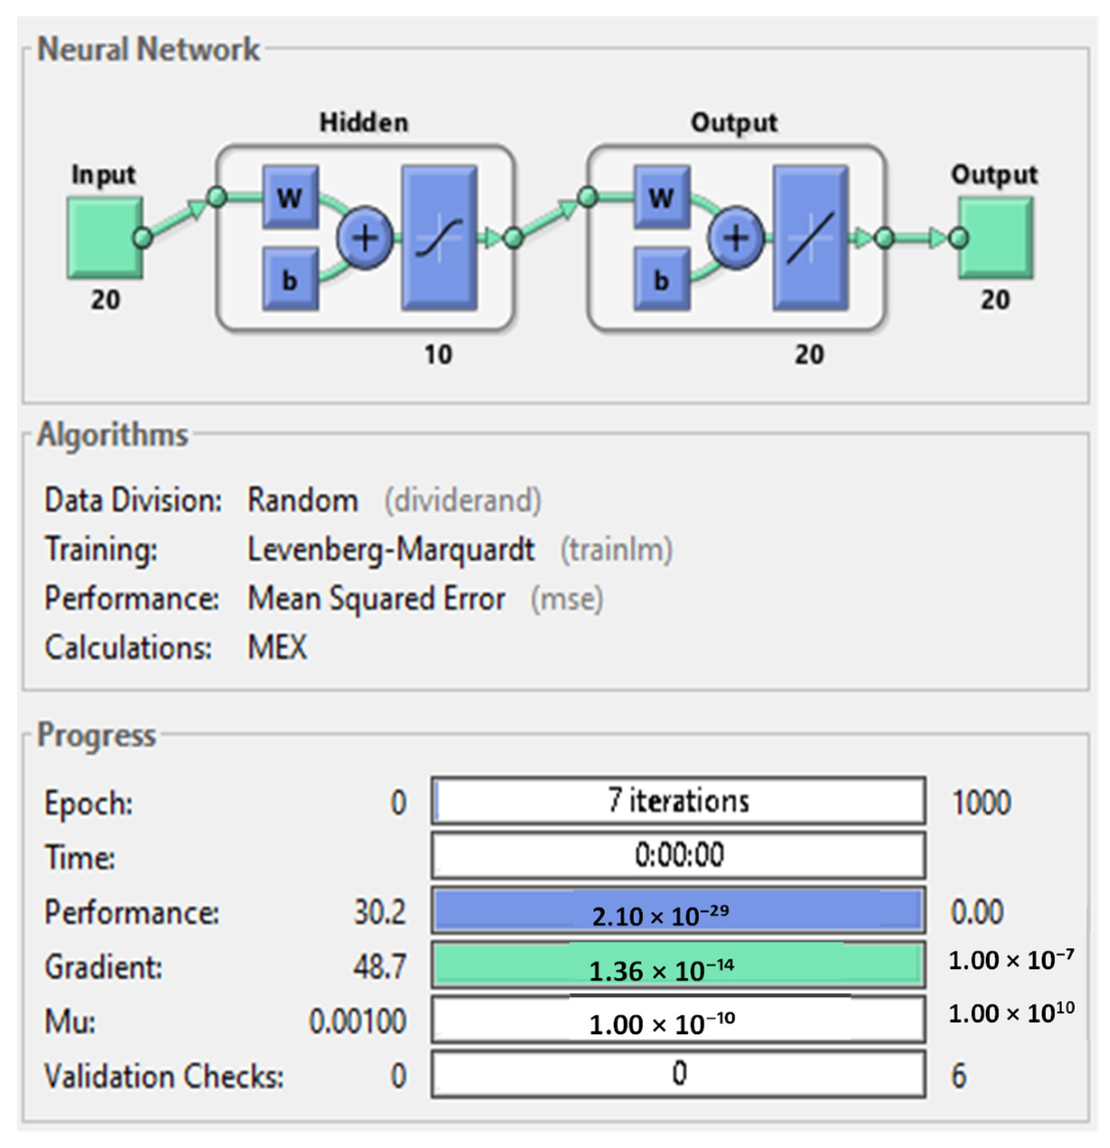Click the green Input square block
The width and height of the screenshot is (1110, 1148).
click(104, 237)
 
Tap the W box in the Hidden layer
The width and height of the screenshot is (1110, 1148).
click(290, 197)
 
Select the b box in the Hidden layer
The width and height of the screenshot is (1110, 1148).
click(290, 280)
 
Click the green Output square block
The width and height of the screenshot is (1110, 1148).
click(996, 237)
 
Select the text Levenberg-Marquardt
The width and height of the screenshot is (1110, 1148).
click(391, 550)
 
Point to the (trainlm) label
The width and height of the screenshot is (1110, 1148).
click(617, 550)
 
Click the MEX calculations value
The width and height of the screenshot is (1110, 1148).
click(277, 648)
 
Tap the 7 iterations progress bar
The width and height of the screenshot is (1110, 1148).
click(678, 801)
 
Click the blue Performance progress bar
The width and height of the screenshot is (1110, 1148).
click(678, 911)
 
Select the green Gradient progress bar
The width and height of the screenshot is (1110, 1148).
click(678, 965)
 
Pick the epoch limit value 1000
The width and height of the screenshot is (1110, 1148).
click(981, 803)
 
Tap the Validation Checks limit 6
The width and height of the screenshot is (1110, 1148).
click(959, 1076)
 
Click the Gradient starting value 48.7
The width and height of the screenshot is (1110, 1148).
click(380, 966)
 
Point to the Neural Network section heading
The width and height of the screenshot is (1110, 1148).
click(148, 49)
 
